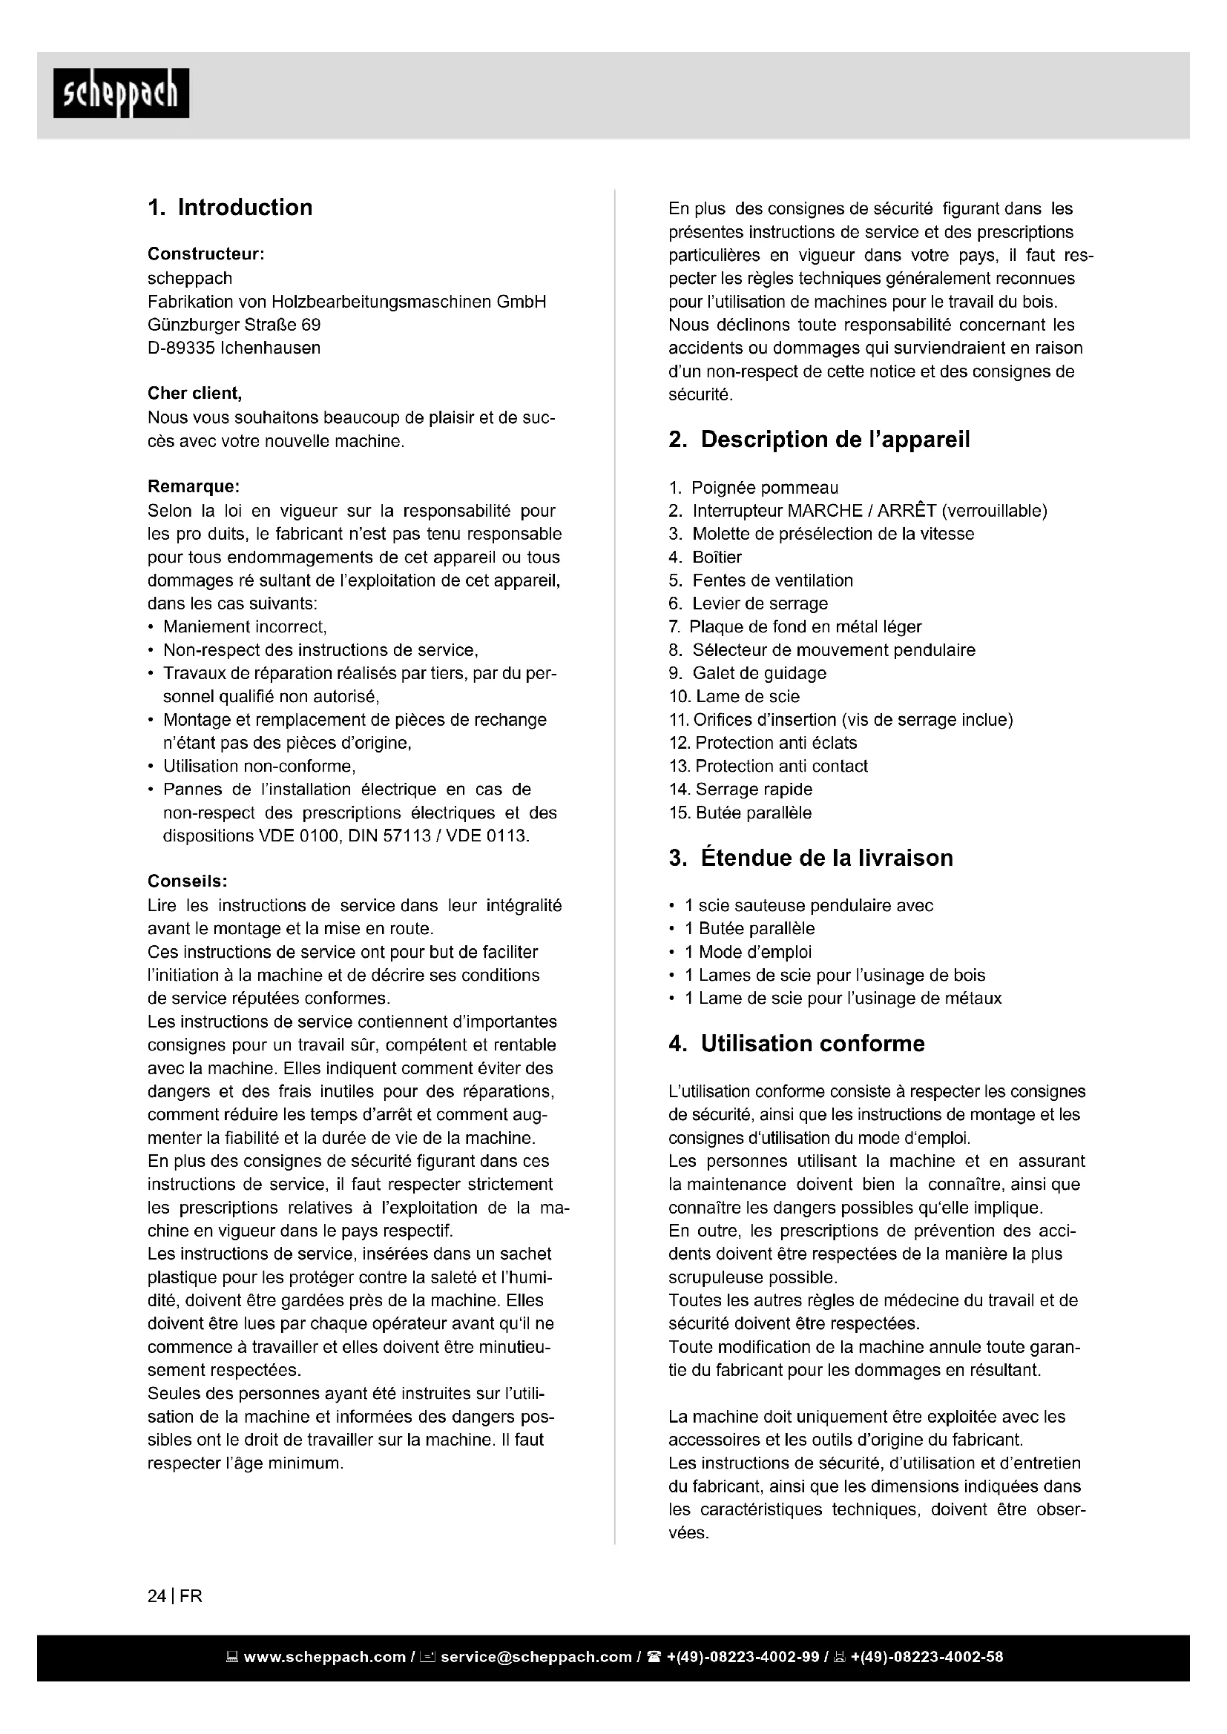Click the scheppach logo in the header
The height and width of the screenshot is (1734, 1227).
point(121,93)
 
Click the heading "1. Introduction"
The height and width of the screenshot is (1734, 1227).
point(230,208)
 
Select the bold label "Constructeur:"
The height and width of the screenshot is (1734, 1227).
point(205,254)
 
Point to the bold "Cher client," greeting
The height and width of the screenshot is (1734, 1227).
point(194,394)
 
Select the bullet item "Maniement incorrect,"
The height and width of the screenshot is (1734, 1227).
point(245,627)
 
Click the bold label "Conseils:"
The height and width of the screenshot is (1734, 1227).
point(188,881)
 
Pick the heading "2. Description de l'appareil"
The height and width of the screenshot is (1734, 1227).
point(819,440)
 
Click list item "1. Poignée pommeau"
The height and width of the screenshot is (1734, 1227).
point(753,488)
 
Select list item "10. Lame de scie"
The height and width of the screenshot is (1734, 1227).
point(734,696)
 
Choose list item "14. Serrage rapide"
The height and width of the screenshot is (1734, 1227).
point(740,790)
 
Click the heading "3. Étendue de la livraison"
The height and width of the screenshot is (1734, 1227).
point(811,858)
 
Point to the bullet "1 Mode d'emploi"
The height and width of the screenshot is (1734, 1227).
point(747,952)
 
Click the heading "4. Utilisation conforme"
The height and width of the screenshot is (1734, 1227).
point(796,1044)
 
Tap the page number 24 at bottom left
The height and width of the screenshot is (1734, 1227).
point(157,1597)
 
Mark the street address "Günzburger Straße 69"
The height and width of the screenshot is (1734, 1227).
point(234,325)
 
